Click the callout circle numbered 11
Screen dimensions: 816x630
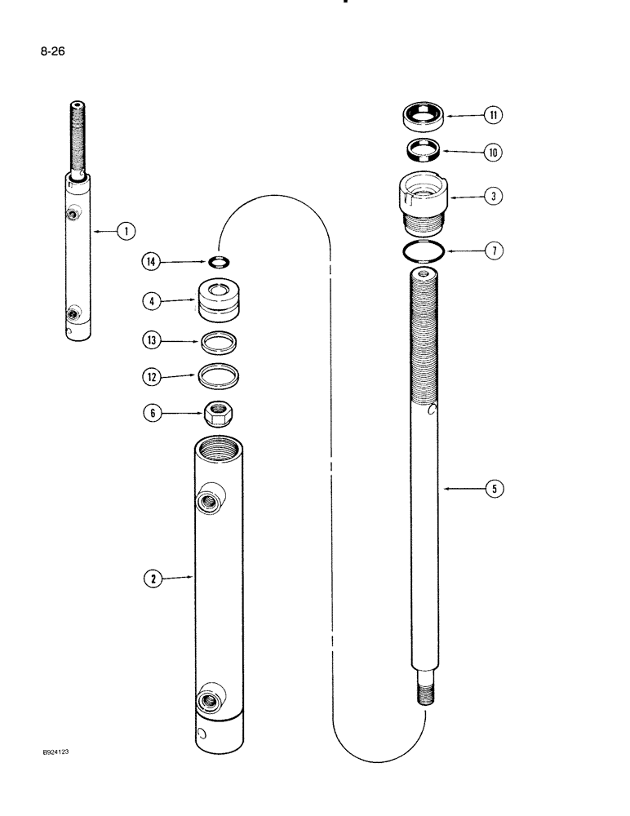click(x=494, y=116)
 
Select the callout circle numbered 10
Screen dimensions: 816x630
click(x=494, y=152)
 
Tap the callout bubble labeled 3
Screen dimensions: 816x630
click(x=494, y=197)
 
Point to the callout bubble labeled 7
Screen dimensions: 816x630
click(x=494, y=251)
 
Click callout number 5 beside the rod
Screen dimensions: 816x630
click(x=494, y=490)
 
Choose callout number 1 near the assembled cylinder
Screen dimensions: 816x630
click(x=125, y=232)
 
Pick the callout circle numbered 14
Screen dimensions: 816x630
click(x=151, y=262)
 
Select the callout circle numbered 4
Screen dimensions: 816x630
click(x=151, y=301)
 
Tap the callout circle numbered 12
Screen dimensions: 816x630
click(x=151, y=376)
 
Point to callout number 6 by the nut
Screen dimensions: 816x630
click(x=151, y=414)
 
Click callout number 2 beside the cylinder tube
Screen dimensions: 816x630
click(x=151, y=579)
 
